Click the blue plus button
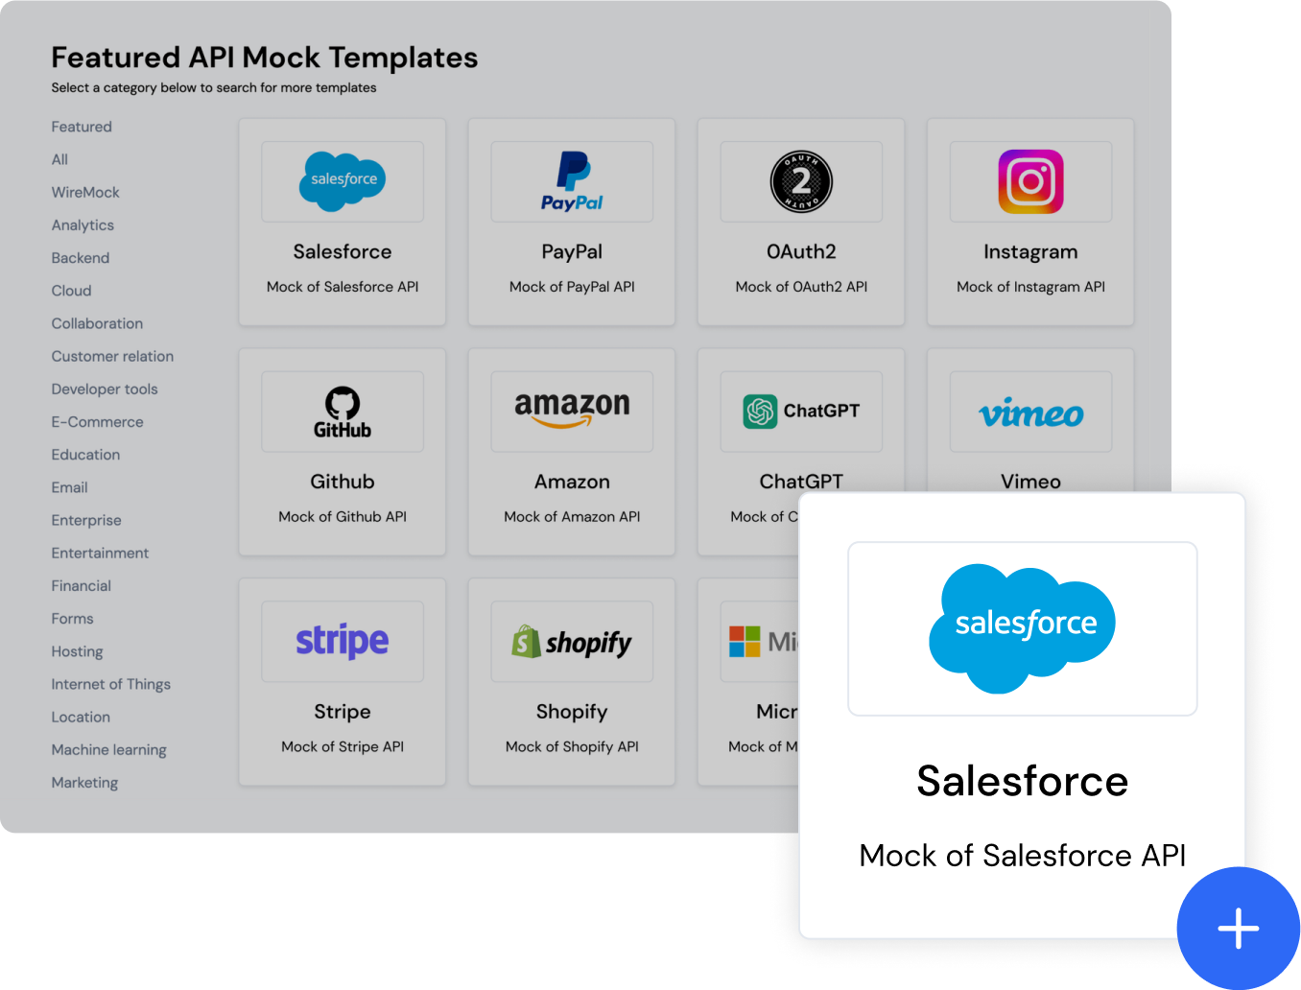click(1238, 928)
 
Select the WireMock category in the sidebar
click(85, 193)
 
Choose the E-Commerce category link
click(97, 422)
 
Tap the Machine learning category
click(109, 750)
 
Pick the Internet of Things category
click(111, 684)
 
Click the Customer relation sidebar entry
click(112, 356)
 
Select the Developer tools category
click(105, 389)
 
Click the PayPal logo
click(572, 181)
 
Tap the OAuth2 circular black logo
click(801, 181)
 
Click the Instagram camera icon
click(1030, 181)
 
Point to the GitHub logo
click(343, 412)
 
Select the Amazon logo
click(572, 410)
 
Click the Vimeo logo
click(1030, 412)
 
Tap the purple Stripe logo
click(343, 641)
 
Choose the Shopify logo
click(572, 642)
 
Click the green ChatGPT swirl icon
click(760, 412)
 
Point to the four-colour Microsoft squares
click(745, 642)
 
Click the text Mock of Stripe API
click(343, 746)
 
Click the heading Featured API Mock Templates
click(265, 58)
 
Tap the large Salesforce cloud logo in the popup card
click(1022, 628)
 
